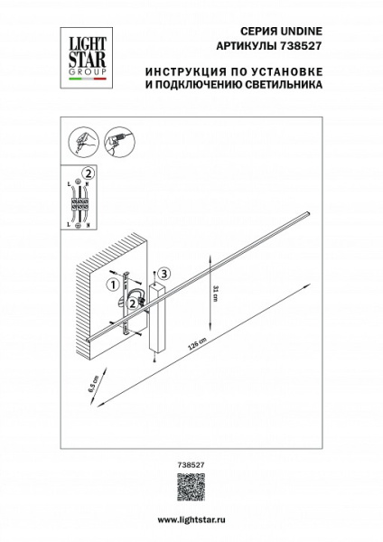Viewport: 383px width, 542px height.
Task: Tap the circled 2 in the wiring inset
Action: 88,173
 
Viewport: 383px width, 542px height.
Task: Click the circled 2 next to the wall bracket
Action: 133,304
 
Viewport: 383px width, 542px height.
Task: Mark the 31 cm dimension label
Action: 215,291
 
